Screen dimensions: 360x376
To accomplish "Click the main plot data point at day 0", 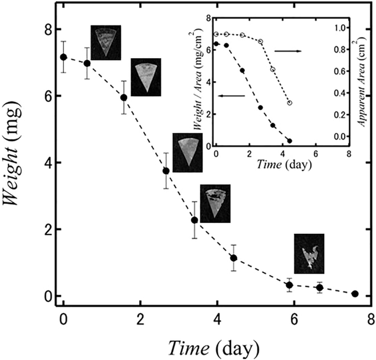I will click(x=64, y=57).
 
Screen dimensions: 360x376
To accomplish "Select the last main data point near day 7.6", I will click(x=355, y=294).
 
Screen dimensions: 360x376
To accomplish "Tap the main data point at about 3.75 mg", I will click(x=166, y=171).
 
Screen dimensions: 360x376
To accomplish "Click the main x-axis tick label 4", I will click(x=217, y=319).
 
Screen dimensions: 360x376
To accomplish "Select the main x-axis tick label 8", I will click(x=371, y=319).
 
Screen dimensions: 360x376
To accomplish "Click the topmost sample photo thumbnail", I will click(x=106, y=42).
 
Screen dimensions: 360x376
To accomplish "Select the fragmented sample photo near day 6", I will click(x=309, y=254).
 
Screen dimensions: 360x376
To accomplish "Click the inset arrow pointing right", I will click(x=288, y=50).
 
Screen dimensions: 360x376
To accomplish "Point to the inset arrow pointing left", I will click(x=231, y=96).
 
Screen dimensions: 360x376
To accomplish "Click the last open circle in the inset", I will click(x=289, y=103).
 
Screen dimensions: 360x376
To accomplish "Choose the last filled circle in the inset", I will click(x=289, y=141).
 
